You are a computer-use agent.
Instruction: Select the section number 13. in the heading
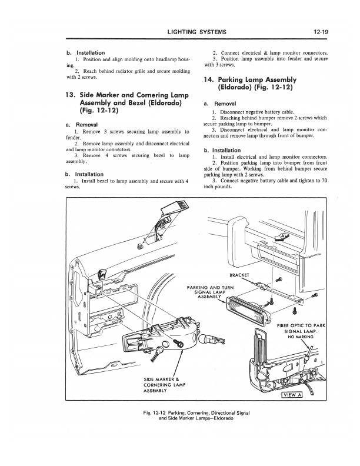click(x=72, y=94)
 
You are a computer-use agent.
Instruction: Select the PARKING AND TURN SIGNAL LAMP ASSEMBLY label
click(x=210, y=292)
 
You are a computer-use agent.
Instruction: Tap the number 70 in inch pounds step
click(x=324, y=181)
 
